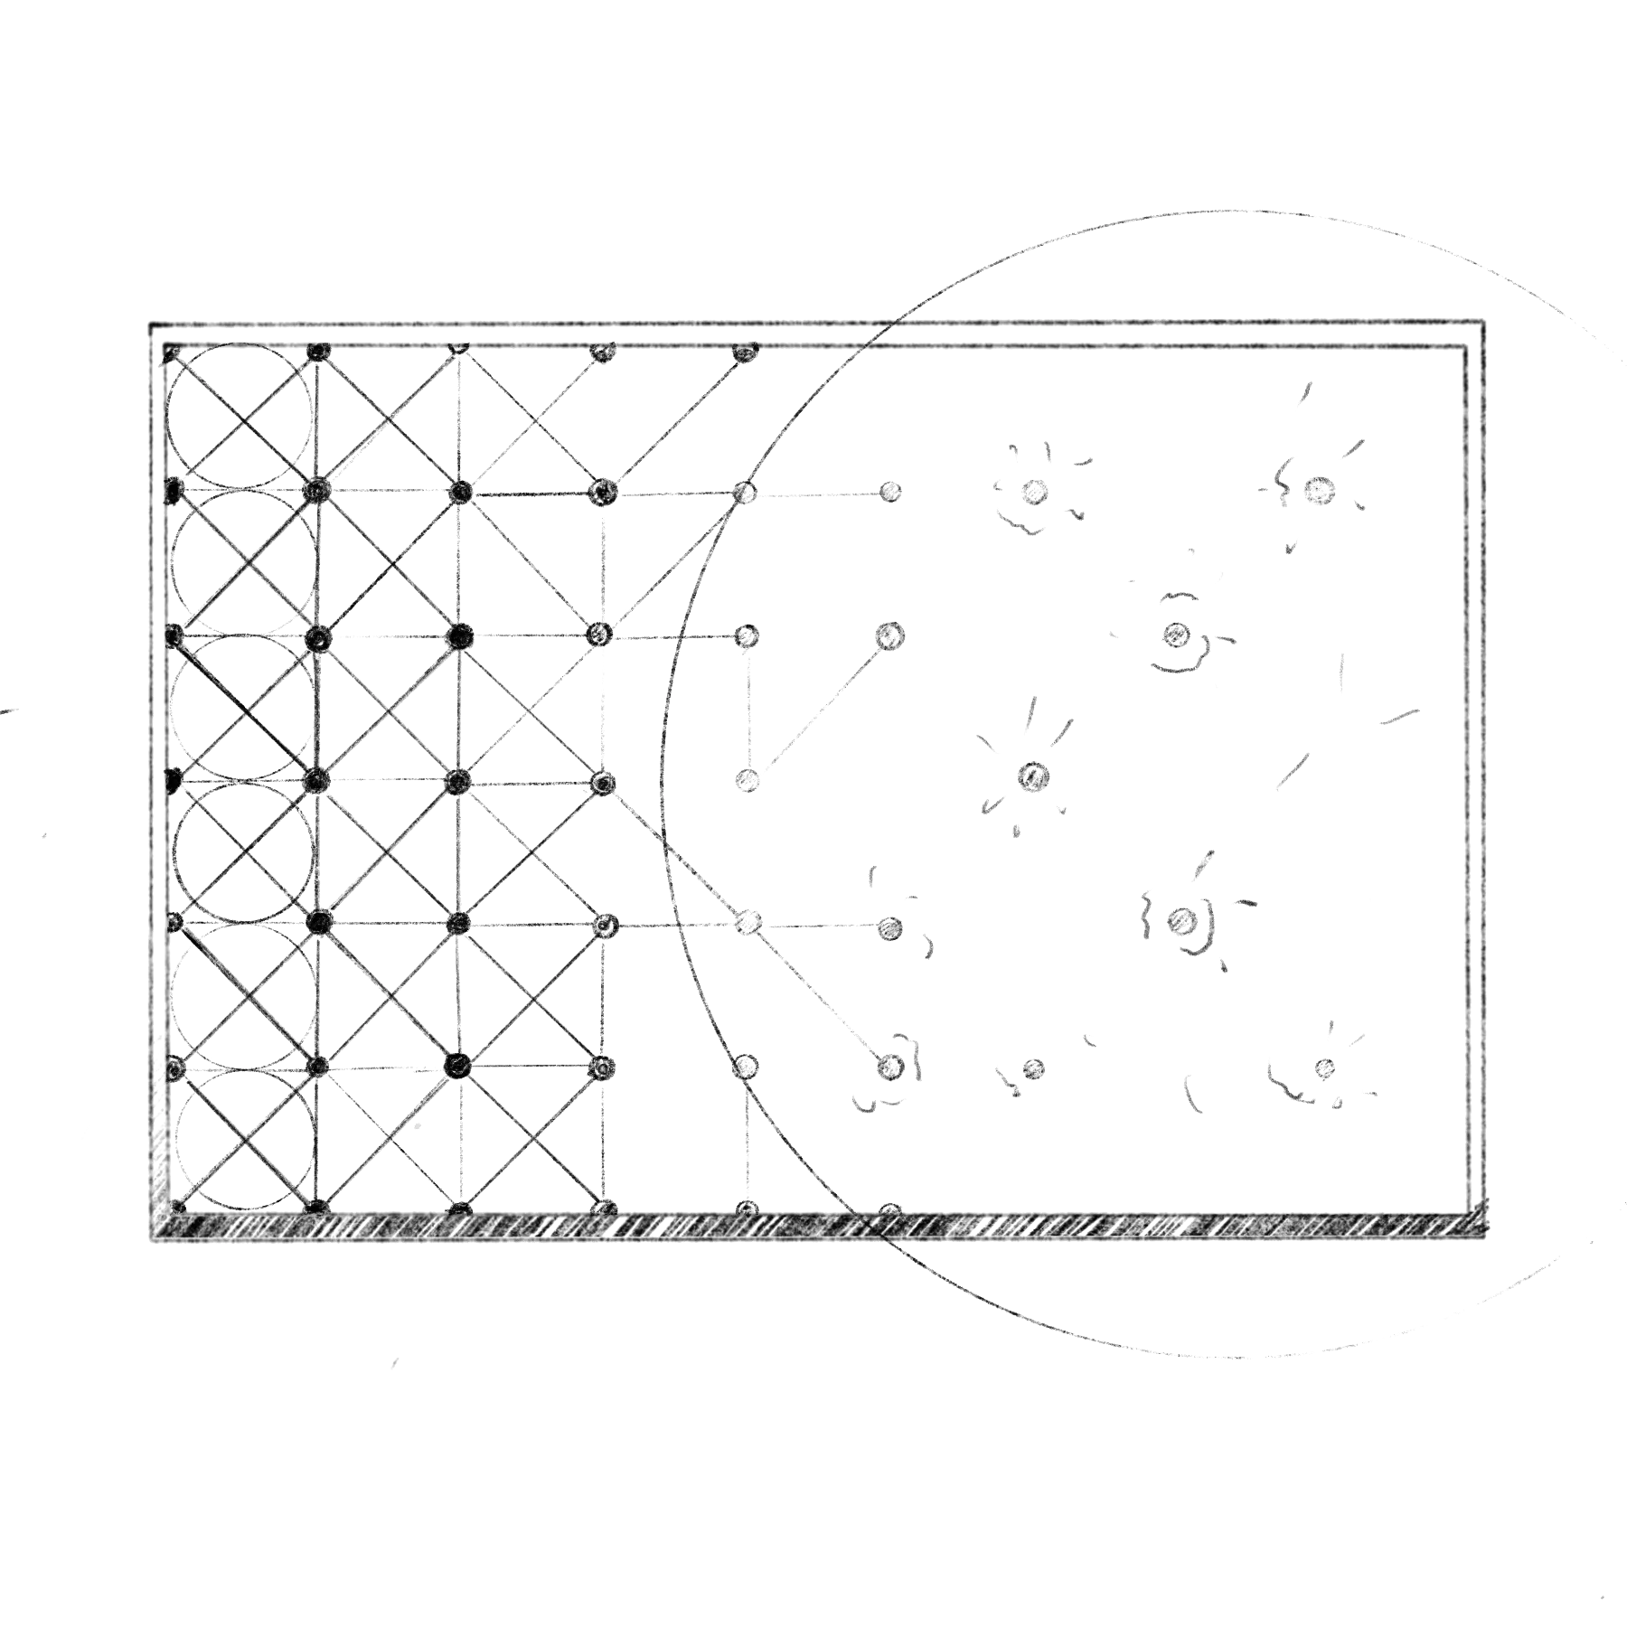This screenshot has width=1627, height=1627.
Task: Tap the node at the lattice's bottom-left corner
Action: (x=179, y=1207)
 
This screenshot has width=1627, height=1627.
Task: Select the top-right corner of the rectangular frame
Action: (x=1485, y=322)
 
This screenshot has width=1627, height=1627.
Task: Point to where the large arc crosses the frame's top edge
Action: (x=890, y=324)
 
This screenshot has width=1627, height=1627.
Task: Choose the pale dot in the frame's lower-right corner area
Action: (x=1324, y=1068)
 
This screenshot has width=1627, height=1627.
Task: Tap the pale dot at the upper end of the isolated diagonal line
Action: (x=889, y=635)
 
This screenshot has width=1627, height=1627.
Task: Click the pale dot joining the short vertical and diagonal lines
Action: (x=748, y=778)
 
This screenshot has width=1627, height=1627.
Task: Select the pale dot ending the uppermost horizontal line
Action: (x=890, y=493)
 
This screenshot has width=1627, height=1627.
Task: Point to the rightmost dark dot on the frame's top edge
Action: (x=744, y=353)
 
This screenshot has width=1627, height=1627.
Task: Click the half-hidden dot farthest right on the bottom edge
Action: (x=889, y=1208)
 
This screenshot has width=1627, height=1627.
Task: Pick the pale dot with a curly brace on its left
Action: (x=1180, y=920)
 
